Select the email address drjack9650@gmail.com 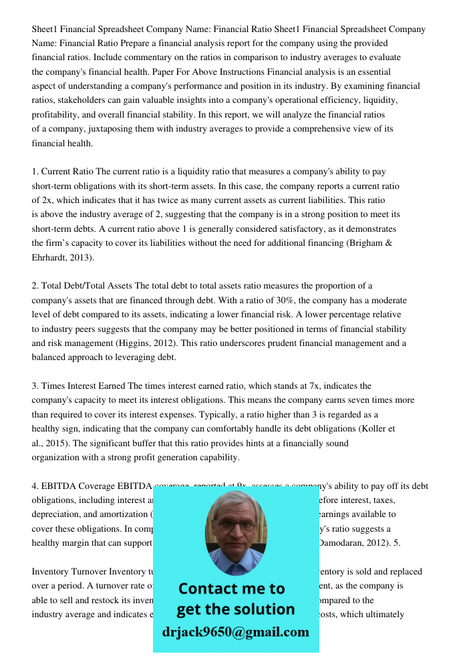pos(236,632)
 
